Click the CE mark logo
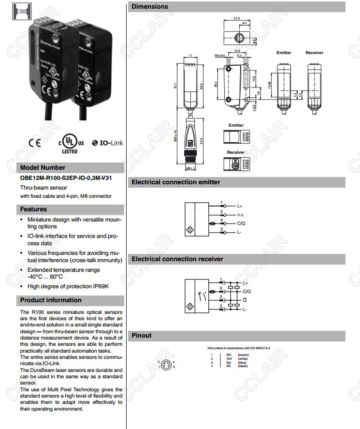(34, 143)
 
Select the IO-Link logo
(107, 143)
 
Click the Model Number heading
(43, 168)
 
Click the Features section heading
(33, 209)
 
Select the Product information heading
(51, 300)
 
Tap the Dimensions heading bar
(150, 7)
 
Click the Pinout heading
(142, 336)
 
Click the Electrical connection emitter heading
(176, 182)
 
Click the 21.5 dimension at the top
(236, 18)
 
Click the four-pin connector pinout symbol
(166, 364)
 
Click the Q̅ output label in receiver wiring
(245, 300)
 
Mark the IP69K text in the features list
(100, 286)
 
